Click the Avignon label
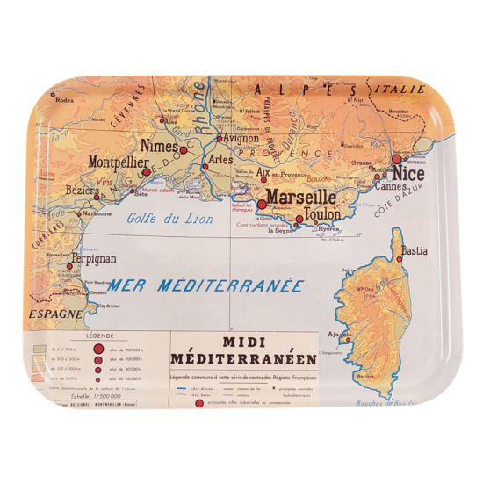click(x=236, y=137)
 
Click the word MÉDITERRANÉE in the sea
click(x=237, y=287)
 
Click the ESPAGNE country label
click(x=54, y=313)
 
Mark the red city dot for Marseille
click(x=261, y=204)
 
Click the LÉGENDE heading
click(x=98, y=335)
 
